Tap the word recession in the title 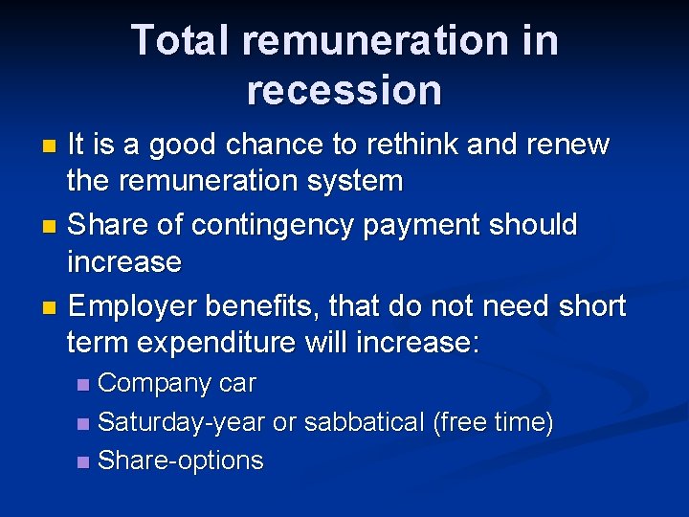pos(344,90)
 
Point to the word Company pos(155,383)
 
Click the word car pos(237,383)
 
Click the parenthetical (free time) pos(493,422)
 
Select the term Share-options pos(180,461)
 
